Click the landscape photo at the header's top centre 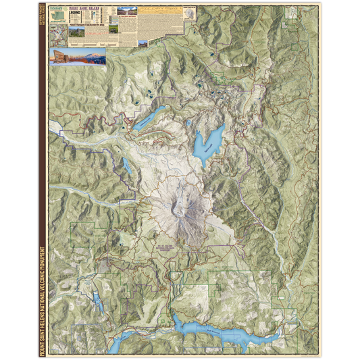[126, 11]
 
